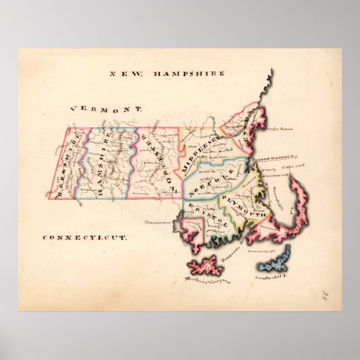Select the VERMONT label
coord(104,111)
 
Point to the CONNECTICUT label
coord(84,237)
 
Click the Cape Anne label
coord(280,130)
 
